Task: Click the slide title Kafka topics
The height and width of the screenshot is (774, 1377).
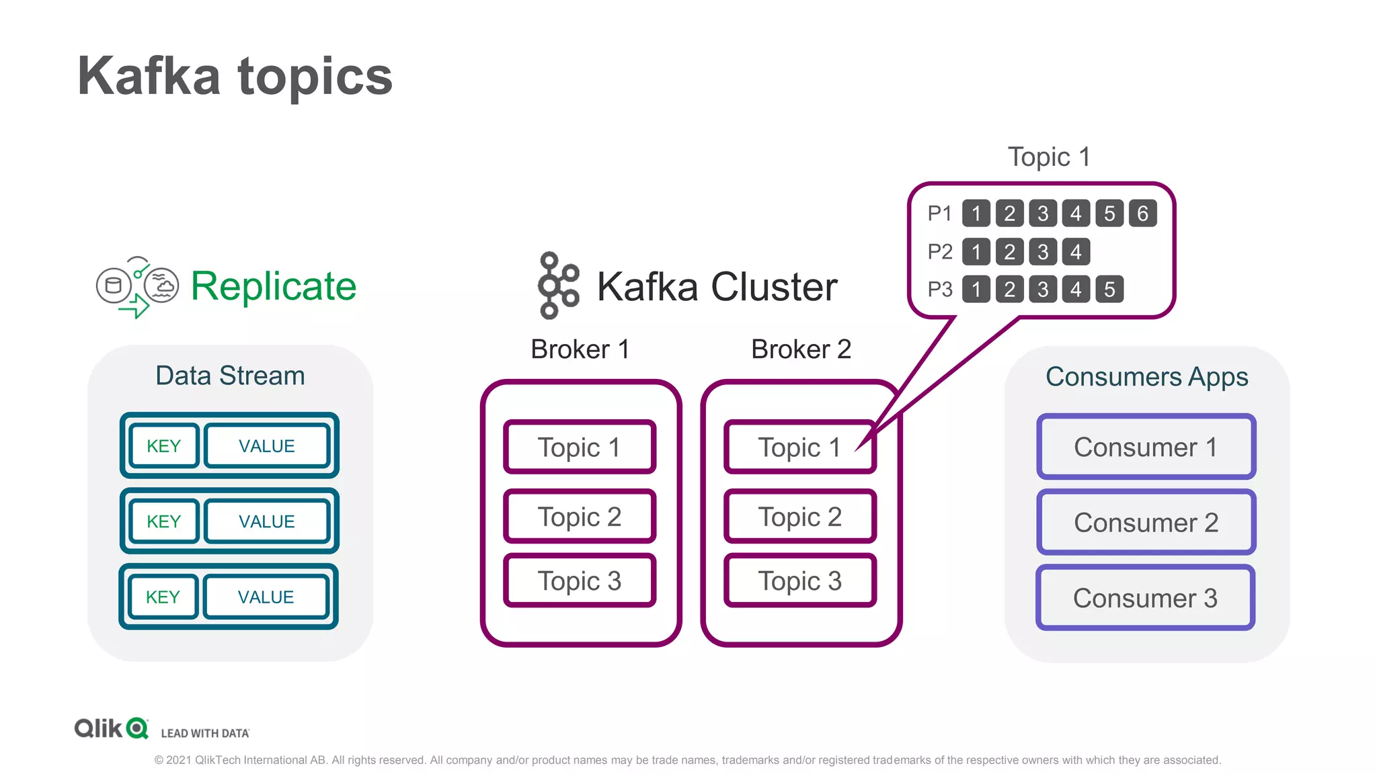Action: click(x=235, y=76)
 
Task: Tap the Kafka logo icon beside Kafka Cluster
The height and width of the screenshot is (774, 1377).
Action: click(x=557, y=286)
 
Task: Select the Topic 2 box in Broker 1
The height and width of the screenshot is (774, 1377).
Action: click(x=579, y=517)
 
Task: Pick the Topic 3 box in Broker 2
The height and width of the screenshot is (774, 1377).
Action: click(x=799, y=580)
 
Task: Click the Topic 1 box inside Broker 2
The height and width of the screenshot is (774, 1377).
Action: click(x=799, y=447)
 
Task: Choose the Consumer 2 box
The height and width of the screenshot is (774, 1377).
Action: click(x=1146, y=522)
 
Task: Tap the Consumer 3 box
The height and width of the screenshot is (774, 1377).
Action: click(x=1145, y=598)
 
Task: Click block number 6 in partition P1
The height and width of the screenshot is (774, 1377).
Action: click(x=1142, y=214)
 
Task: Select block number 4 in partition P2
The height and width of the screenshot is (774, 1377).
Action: click(x=1076, y=252)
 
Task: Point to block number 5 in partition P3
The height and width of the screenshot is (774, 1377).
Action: click(x=1109, y=290)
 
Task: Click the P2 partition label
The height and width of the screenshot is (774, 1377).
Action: click(x=940, y=252)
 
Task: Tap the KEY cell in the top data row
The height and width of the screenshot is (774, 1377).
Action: click(x=164, y=446)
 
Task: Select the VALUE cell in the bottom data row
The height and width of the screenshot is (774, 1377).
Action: click(x=266, y=597)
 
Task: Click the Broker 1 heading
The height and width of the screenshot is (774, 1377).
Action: click(x=580, y=349)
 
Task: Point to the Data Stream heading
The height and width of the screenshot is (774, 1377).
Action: click(x=230, y=376)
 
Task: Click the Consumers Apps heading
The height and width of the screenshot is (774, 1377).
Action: click(x=1146, y=377)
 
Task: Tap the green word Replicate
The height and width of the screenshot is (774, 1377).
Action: click(x=273, y=286)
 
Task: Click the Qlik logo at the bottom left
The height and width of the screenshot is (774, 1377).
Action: click(x=111, y=728)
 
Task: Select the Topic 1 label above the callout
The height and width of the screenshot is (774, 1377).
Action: click(x=1048, y=157)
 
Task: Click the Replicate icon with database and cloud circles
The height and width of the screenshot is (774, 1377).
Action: click(x=138, y=287)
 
